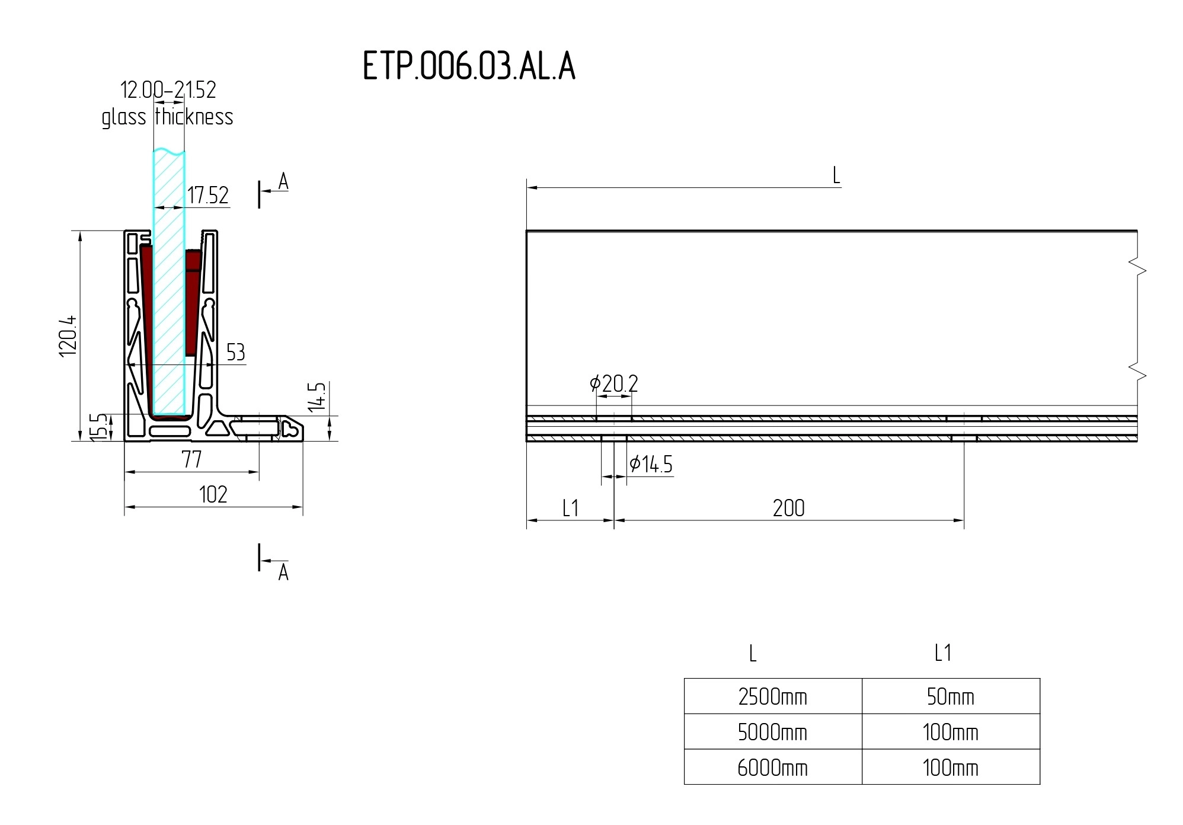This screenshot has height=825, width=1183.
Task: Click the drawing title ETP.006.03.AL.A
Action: pyautogui.click(x=469, y=65)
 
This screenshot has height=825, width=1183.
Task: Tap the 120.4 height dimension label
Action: pyautogui.click(x=68, y=336)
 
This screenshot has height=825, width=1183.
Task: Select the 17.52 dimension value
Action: pyautogui.click(x=208, y=195)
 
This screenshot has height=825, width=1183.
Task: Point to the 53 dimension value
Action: pyautogui.click(x=235, y=352)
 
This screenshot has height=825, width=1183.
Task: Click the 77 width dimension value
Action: pyautogui.click(x=192, y=459)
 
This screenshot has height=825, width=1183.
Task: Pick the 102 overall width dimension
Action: pyautogui.click(x=213, y=494)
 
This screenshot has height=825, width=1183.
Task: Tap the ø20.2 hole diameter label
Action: pyautogui.click(x=614, y=384)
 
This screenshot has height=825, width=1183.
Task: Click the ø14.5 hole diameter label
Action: pyautogui.click(x=651, y=465)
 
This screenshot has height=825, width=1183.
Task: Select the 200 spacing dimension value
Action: pyautogui.click(x=789, y=508)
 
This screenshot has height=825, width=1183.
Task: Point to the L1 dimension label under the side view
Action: pyautogui.click(x=570, y=508)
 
